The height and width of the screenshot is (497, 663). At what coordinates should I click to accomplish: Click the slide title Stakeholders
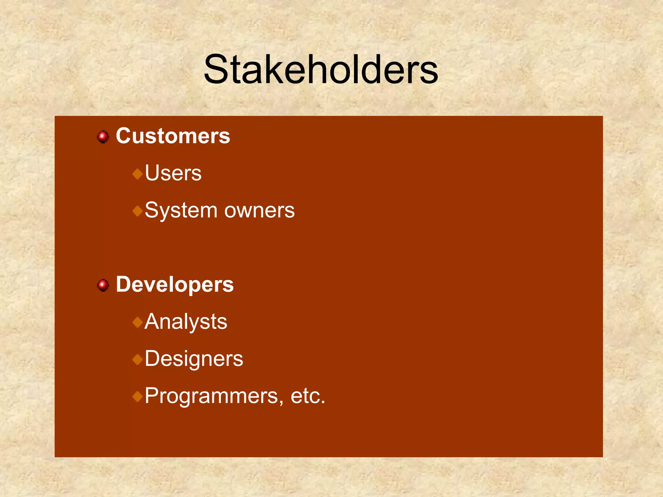pyautogui.click(x=320, y=70)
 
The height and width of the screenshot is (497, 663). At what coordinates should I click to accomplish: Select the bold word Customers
pyautogui.click(x=173, y=136)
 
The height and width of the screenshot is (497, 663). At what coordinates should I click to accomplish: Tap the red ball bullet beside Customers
pyautogui.click(x=103, y=137)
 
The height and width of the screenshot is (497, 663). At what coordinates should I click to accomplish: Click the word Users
pyautogui.click(x=173, y=173)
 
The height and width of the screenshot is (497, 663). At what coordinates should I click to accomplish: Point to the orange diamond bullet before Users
pyautogui.click(x=138, y=174)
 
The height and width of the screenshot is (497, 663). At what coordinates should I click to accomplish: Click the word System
pyautogui.click(x=181, y=211)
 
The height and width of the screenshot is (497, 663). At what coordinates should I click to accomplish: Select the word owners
pyautogui.click(x=260, y=211)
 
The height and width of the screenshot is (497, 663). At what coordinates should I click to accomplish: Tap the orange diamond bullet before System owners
pyautogui.click(x=138, y=211)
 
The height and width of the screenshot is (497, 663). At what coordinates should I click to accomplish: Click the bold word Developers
pyautogui.click(x=175, y=285)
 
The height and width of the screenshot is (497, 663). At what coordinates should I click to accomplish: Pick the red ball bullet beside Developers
pyautogui.click(x=103, y=285)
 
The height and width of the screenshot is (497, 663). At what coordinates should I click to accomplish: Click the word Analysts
pyautogui.click(x=186, y=322)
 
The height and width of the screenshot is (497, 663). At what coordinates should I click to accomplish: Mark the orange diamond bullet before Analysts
pyautogui.click(x=138, y=322)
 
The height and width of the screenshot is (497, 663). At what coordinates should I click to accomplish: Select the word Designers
pyautogui.click(x=194, y=359)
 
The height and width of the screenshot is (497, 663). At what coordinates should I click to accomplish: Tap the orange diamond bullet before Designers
pyautogui.click(x=138, y=359)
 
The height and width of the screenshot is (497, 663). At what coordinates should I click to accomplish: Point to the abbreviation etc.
pyautogui.click(x=308, y=396)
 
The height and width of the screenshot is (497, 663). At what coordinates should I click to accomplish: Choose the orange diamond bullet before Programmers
pyautogui.click(x=138, y=396)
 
